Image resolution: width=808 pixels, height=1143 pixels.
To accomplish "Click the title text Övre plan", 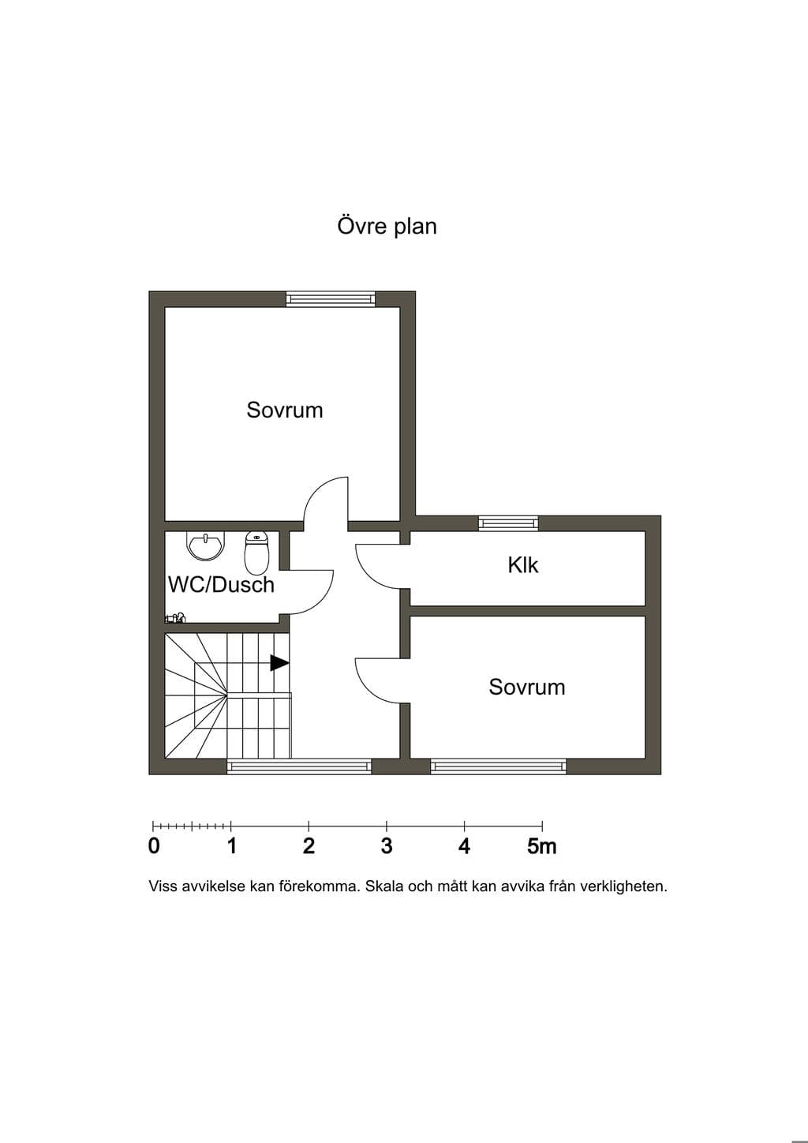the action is [x=387, y=226].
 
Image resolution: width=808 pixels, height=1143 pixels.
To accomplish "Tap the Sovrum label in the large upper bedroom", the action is [x=285, y=410].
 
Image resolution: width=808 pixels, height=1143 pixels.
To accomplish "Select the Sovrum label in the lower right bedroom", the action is [x=527, y=688].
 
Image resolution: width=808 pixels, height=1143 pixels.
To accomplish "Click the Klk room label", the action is [x=523, y=565].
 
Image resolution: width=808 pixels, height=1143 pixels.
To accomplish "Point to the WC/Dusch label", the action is [x=221, y=585].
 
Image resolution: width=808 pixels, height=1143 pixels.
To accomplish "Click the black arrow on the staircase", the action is [x=279, y=663].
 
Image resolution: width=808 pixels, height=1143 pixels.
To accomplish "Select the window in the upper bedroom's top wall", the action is [x=331, y=299].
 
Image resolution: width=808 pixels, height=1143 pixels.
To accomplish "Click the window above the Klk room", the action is [x=508, y=523].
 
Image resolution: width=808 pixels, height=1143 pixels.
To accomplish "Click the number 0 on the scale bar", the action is [x=154, y=845].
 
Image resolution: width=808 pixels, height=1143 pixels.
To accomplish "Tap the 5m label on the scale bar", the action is [x=542, y=845].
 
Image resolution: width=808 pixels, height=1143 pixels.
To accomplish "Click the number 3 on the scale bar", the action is [x=387, y=845].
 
